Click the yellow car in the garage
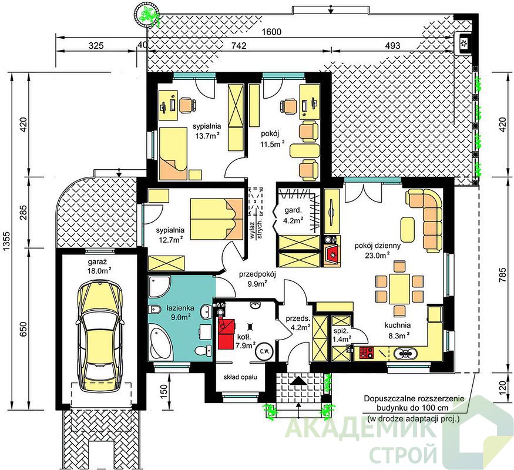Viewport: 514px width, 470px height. (100, 335)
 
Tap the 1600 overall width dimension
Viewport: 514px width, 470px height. (272, 32)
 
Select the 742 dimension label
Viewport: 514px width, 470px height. (239, 46)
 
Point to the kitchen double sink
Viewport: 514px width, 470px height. (406, 353)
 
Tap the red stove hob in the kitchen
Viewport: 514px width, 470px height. (367, 352)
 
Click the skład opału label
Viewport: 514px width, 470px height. (240, 377)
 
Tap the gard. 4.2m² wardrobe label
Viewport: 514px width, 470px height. (293, 215)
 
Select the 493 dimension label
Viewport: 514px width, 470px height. (392, 46)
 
